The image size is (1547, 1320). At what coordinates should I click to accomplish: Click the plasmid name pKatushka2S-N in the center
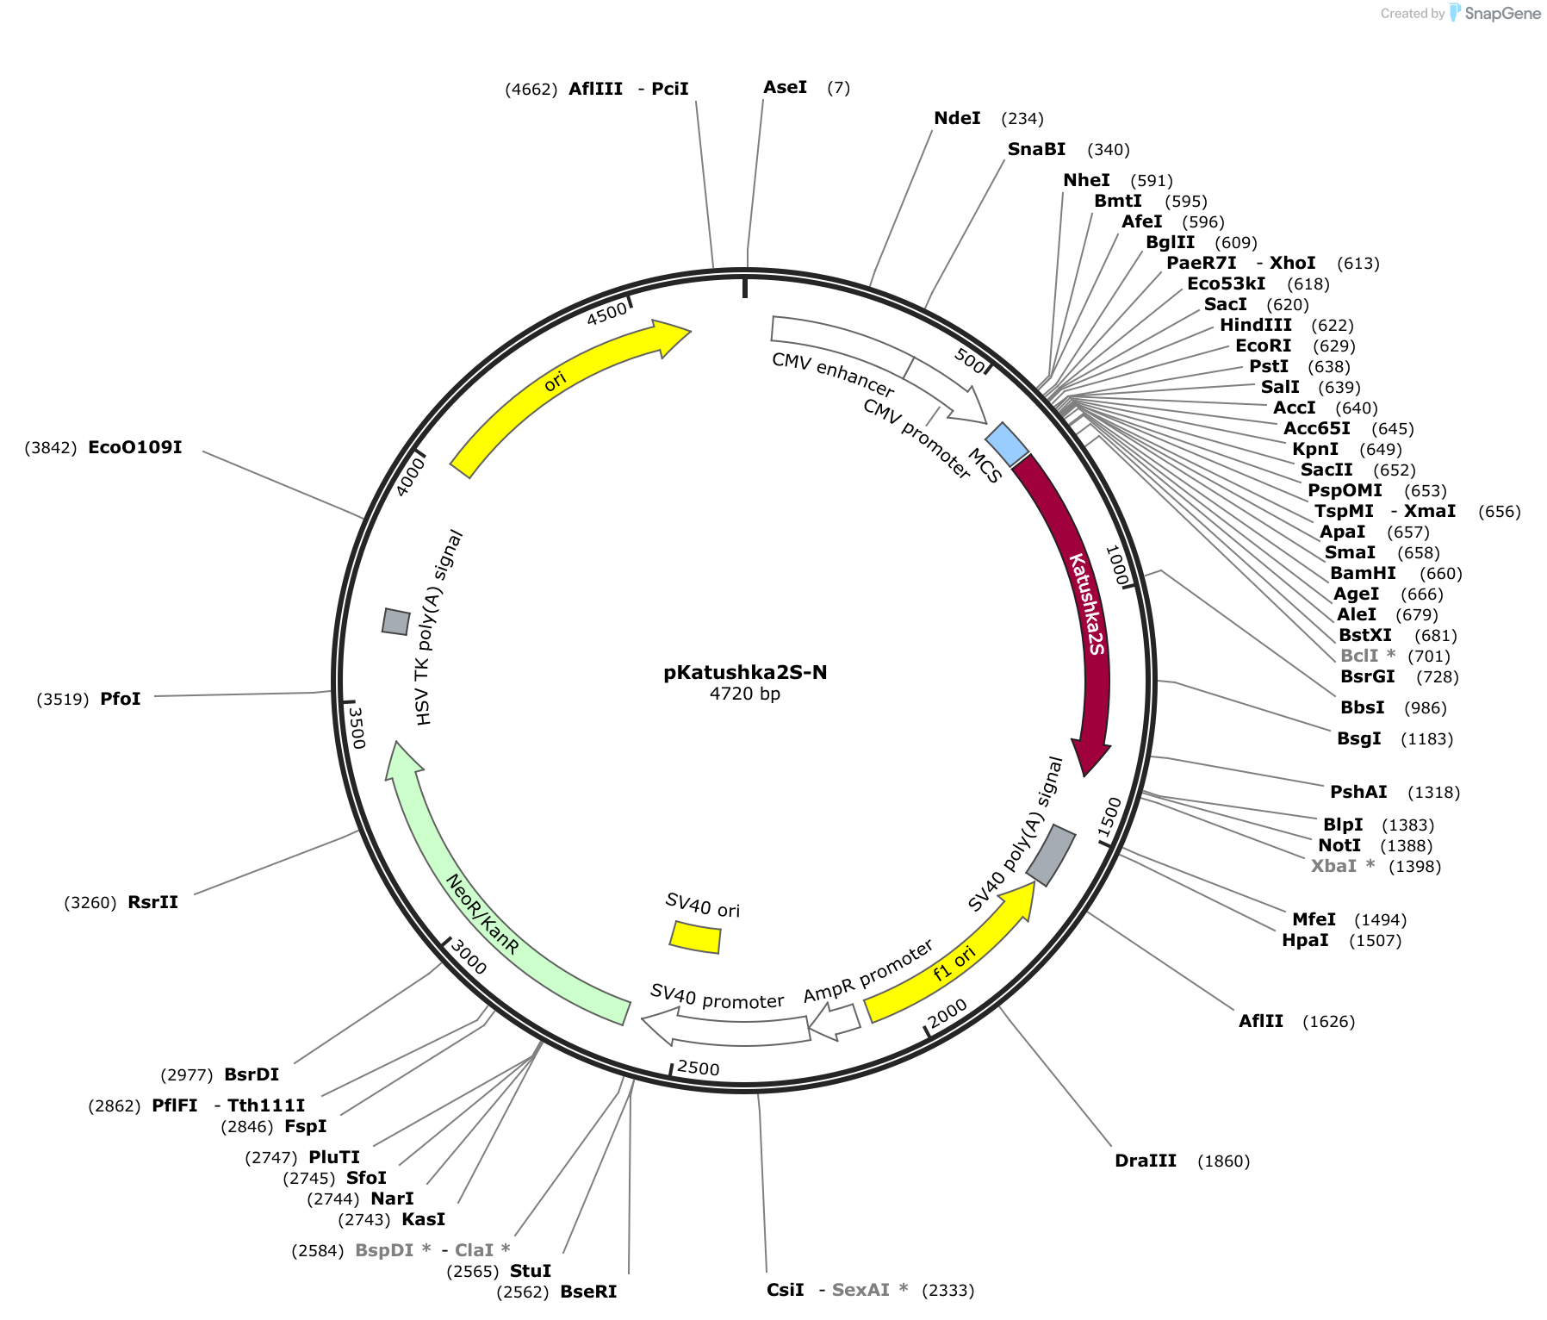pos(745,673)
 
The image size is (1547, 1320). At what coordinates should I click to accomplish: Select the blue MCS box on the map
pos(1007,445)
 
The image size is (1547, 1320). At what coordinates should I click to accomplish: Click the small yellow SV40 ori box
pos(695,937)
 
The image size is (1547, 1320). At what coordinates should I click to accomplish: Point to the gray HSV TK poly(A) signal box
pos(395,621)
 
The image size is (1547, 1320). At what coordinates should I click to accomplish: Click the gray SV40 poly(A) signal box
pos(1050,855)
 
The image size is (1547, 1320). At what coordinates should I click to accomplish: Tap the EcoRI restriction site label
pos(1264,346)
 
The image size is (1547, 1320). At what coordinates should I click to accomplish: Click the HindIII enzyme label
pos(1256,325)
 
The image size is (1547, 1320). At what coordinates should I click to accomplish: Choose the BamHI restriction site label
pos(1363,573)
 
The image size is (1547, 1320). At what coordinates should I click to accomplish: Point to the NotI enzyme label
pos(1339,845)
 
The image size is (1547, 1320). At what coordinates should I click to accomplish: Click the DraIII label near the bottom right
pos(1146,1161)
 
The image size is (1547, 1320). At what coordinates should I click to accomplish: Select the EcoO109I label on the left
pos(135,447)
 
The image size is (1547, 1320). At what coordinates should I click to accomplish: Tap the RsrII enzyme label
pos(153,902)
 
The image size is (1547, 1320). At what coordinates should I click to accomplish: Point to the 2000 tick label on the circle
pos(948,1012)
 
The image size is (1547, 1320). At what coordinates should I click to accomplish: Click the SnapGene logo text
pos(1502,13)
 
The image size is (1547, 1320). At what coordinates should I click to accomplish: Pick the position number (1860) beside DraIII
pos(1223,1161)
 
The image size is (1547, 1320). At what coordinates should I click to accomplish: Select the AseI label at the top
pos(786,87)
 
